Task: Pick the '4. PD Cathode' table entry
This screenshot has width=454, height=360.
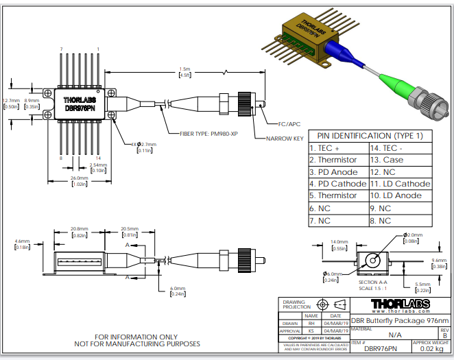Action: pyautogui.click(x=338, y=184)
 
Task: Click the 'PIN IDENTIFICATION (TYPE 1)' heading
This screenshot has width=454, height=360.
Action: pyautogui.click(x=370, y=135)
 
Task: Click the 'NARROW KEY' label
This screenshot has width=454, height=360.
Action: pyautogui.click(x=283, y=139)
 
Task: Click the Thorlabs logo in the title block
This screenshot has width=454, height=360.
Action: pyautogui.click(x=401, y=303)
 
